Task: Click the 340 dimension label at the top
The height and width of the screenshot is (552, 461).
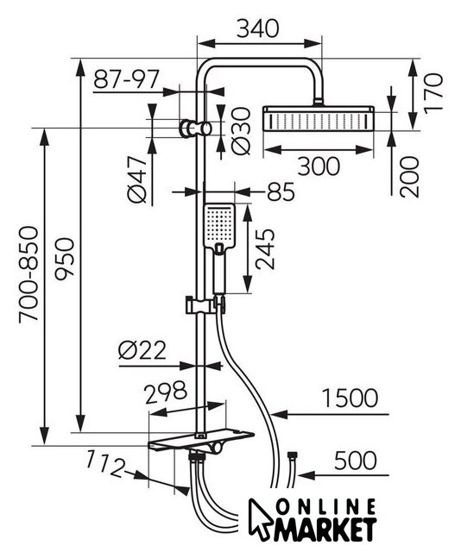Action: click(x=257, y=28)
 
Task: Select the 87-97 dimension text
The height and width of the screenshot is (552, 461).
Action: click(x=127, y=78)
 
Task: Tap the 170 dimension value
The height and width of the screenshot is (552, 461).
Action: click(x=433, y=93)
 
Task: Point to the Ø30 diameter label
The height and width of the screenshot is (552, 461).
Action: click(x=242, y=131)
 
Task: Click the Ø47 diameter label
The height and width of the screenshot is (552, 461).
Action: click(x=137, y=179)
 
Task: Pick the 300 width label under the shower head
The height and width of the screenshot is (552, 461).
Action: click(x=319, y=166)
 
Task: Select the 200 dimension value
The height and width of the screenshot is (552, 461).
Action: click(x=410, y=177)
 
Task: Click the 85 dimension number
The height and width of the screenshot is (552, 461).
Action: click(x=281, y=191)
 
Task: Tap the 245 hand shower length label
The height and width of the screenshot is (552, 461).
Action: click(x=265, y=249)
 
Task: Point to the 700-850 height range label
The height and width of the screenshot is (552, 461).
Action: click(x=28, y=274)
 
